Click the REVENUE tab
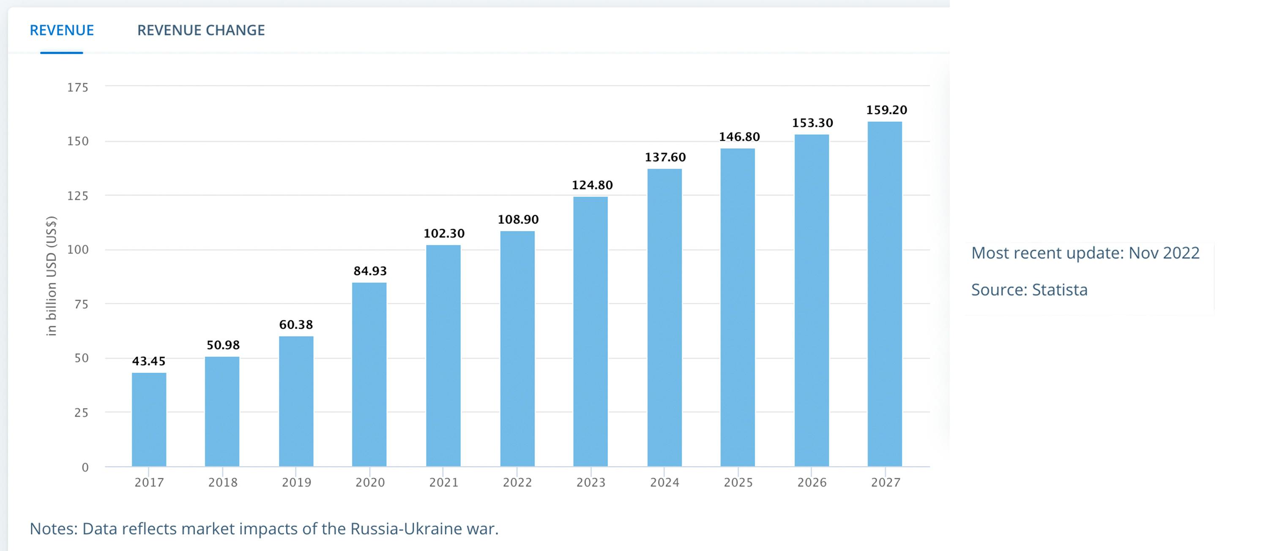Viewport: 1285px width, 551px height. click(62, 30)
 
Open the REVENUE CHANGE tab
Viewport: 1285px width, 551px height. click(201, 30)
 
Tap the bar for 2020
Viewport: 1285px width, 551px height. click(369, 374)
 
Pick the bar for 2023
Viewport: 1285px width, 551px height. click(590, 332)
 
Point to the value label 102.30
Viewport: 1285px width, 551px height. click(444, 233)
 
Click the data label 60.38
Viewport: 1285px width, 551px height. click(296, 325)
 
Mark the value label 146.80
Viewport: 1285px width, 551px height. click(739, 136)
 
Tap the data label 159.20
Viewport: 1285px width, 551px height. click(886, 110)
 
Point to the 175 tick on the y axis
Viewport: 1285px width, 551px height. click(78, 88)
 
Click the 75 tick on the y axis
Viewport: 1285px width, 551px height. click(81, 304)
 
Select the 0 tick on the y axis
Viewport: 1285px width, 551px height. click(85, 467)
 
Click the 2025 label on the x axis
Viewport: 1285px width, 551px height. click(738, 482)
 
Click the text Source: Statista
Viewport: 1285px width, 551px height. click(1029, 290)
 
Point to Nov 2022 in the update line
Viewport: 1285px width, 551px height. click(1164, 253)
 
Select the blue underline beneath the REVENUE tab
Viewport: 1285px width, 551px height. click(61, 52)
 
